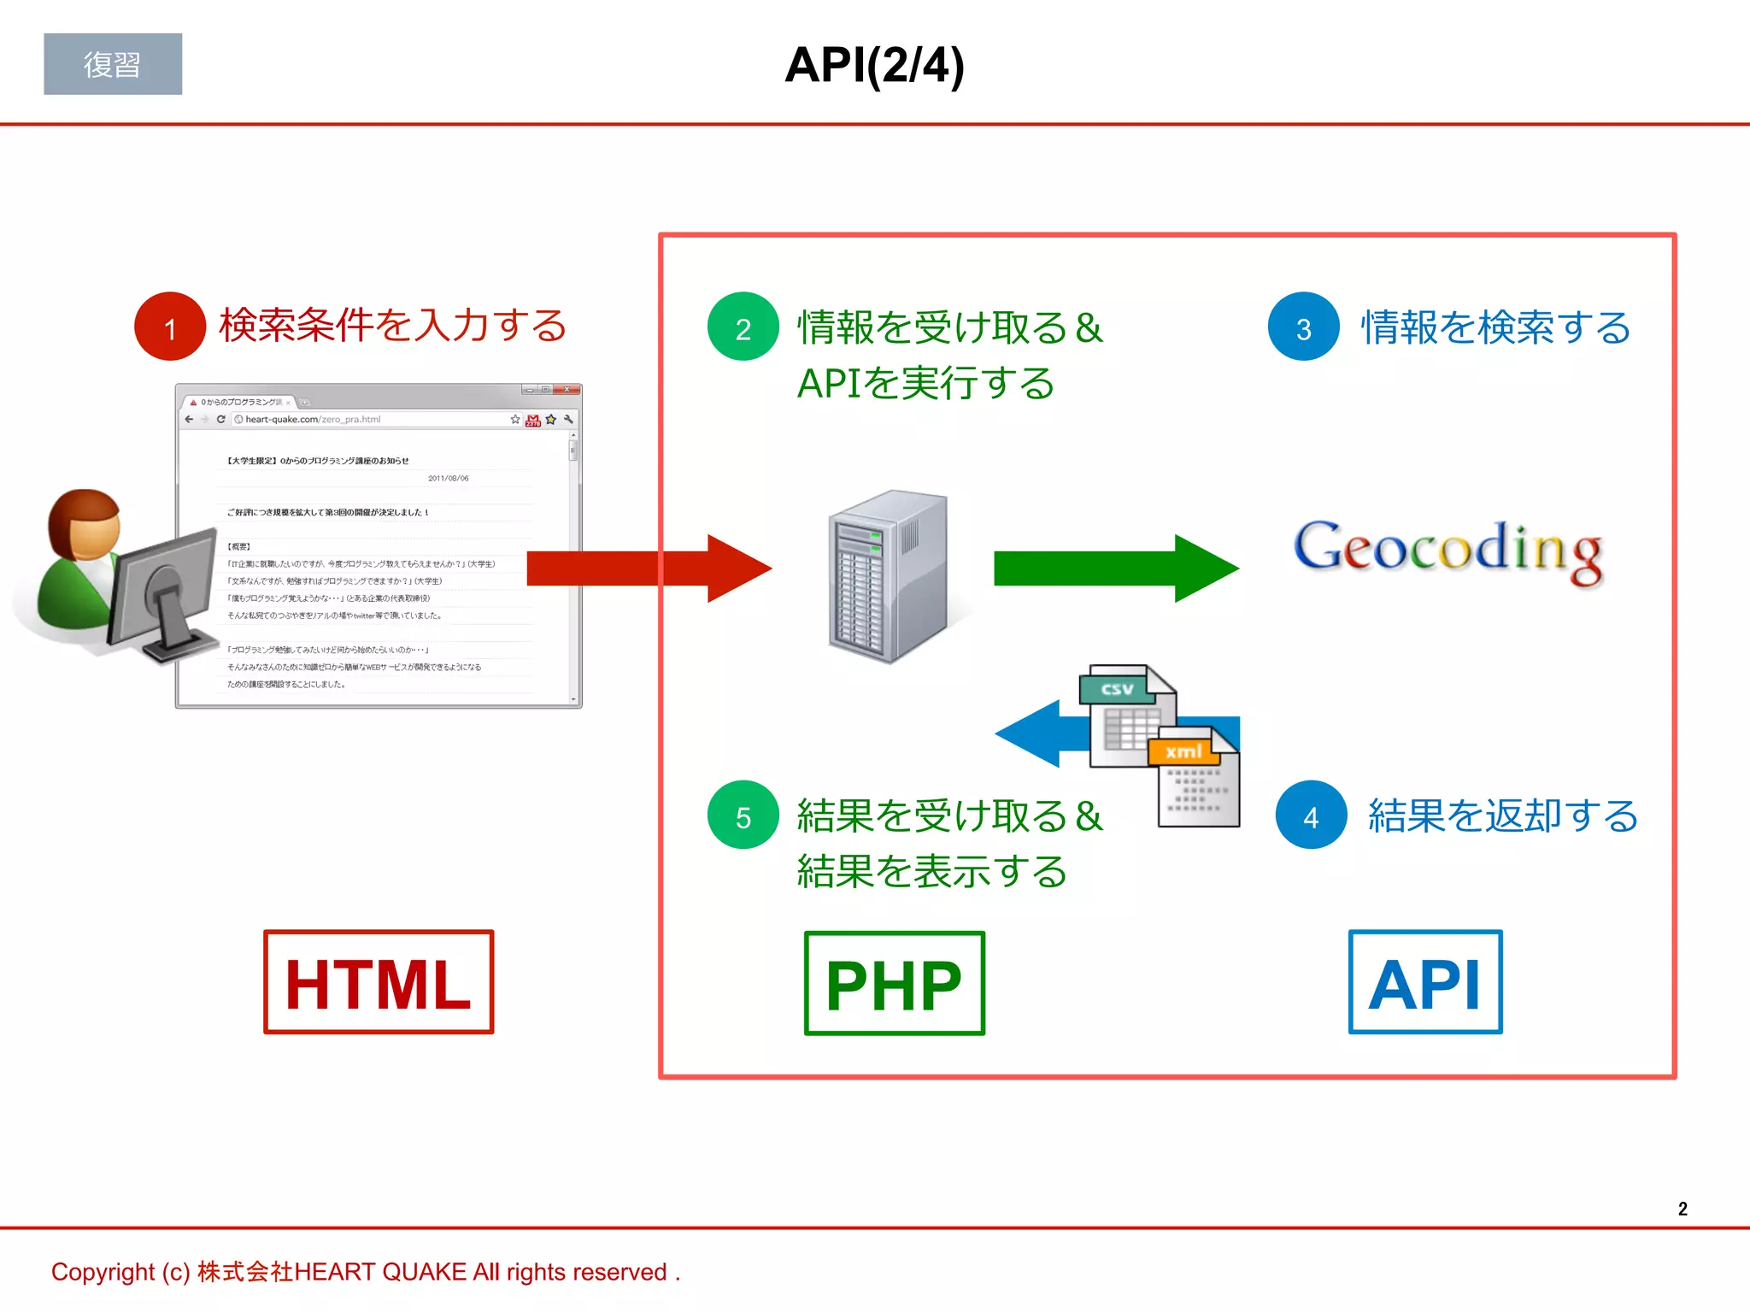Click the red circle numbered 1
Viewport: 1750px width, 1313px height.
[170, 327]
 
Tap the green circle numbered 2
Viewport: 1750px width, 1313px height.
[743, 327]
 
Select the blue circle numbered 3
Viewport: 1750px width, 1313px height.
[1303, 327]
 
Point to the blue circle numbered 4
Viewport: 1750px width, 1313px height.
[1311, 815]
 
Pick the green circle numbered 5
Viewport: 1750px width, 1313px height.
[743, 815]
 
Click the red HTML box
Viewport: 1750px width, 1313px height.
[379, 982]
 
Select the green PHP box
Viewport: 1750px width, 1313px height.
[894, 983]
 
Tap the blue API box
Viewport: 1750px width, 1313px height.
[1424, 982]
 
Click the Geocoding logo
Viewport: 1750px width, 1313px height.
[1448, 550]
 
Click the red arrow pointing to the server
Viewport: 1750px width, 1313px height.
[649, 568]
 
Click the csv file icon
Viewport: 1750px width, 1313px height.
[1121, 714]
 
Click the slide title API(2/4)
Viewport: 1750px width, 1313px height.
[874, 65]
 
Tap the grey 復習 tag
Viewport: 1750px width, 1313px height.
[113, 64]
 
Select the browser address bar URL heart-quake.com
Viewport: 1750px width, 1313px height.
[312, 420]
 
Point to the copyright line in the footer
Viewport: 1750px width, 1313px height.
[366, 1272]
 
